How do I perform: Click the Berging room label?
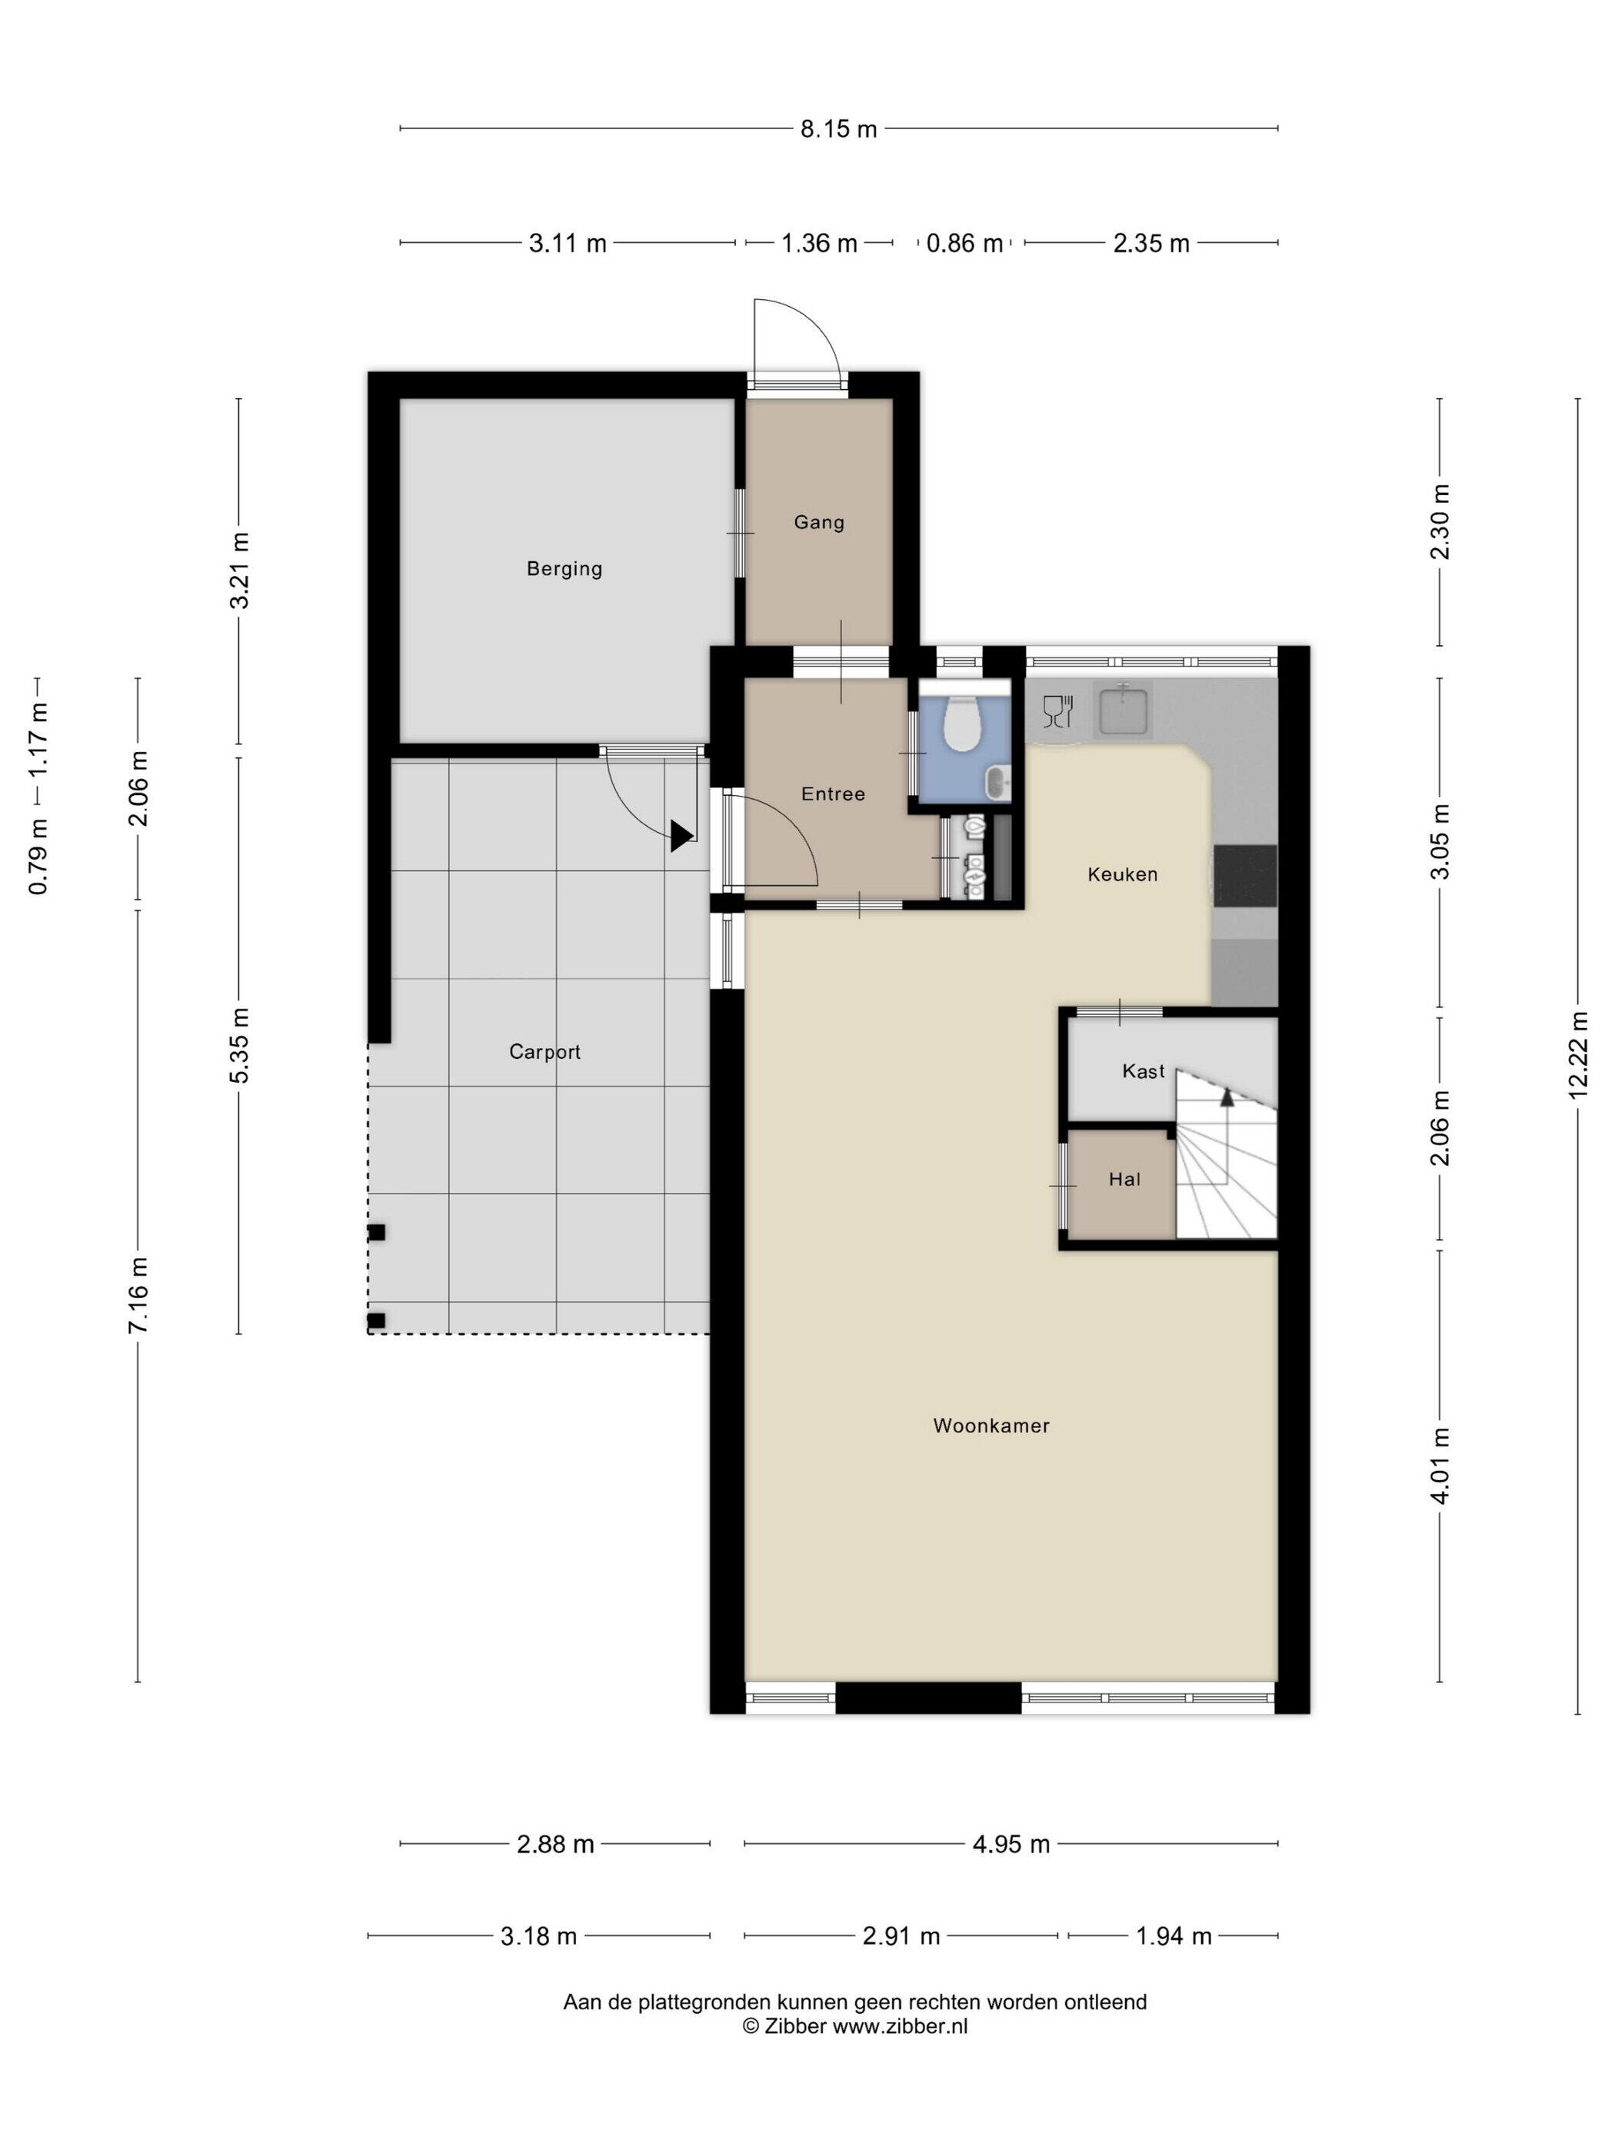[x=564, y=568]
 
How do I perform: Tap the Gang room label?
[x=819, y=523]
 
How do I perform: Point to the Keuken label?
[x=1122, y=874]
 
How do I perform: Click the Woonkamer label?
[x=991, y=1426]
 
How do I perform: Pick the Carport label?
[x=544, y=1052]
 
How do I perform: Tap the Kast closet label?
[x=1143, y=1072]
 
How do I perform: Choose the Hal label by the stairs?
[x=1124, y=1180]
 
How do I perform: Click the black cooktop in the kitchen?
[x=1244, y=876]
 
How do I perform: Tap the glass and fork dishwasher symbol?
[x=1057, y=710]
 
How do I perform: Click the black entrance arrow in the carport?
[x=681, y=835]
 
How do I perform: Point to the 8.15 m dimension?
[x=838, y=128]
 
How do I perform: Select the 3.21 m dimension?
[x=238, y=571]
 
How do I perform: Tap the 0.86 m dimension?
[x=964, y=243]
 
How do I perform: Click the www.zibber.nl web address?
[x=900, y=2028]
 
